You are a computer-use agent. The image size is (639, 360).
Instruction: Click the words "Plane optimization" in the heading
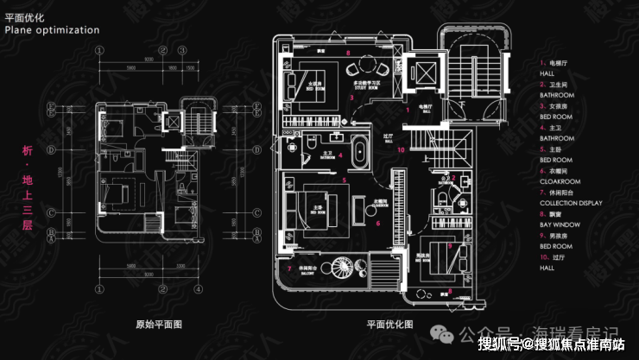click(x=52, y=29)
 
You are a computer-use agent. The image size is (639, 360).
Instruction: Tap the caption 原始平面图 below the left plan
click(x=158, y=325)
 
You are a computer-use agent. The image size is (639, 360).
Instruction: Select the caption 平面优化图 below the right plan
click(x=390, y=325)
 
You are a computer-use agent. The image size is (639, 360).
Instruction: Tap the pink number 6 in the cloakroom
click(x=377, y=223)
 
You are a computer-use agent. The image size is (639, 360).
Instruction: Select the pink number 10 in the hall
click(x=402, y=148)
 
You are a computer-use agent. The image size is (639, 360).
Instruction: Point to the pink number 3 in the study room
click(x=352, y=97)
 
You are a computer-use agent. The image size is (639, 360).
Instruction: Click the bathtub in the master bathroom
click(x=361, y=154)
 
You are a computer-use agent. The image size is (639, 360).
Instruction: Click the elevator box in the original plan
click(x=174, y=121)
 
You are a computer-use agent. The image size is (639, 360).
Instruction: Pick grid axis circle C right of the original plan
click(x=256, y=211)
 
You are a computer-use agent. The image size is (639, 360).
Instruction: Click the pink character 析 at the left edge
click(x=27, y=151)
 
